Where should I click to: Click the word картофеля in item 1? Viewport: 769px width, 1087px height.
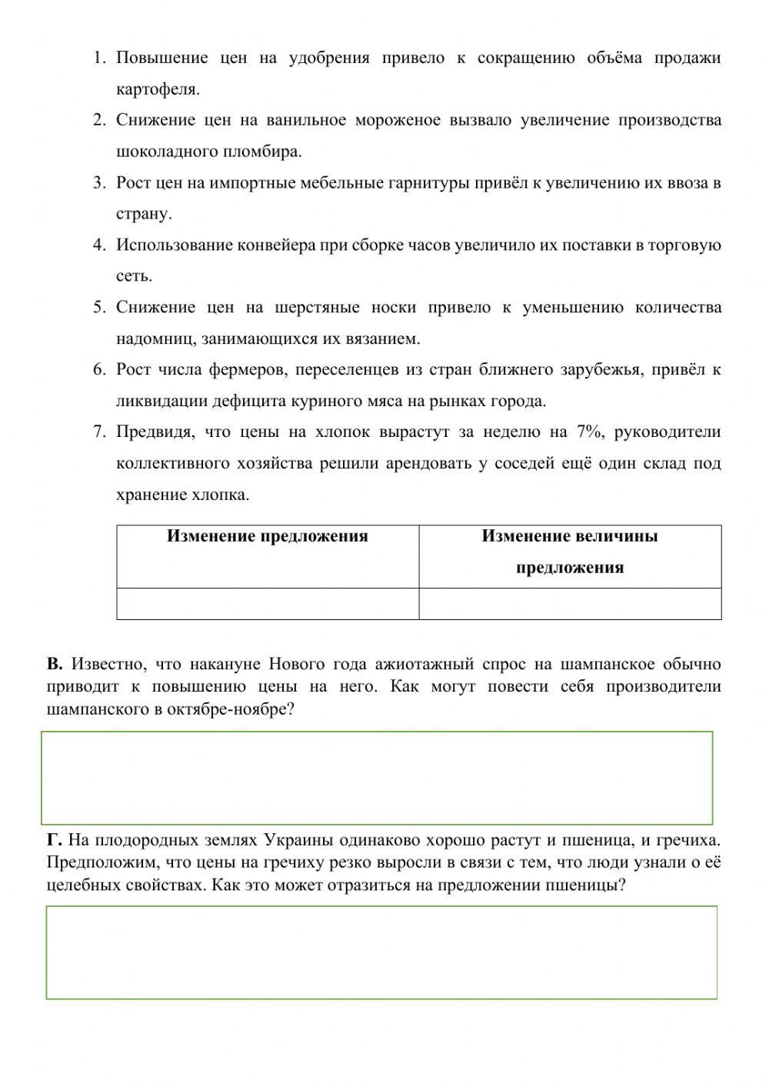(158, 89)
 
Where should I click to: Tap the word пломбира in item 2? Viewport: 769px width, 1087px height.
(265, 152)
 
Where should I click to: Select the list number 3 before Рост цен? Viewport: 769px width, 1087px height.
(98, 183)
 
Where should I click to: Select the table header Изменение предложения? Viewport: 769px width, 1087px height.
(267, 536)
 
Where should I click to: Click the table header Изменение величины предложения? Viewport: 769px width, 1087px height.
(569, 552)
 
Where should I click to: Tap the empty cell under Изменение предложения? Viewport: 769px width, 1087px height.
(267, 604)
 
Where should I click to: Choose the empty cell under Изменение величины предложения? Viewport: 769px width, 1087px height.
(569, 604)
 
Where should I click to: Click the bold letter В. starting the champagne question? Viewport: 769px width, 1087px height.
(54, 664)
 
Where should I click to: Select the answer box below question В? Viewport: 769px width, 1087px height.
(377, 778)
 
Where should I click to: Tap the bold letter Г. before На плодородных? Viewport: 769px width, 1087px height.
(53, 839)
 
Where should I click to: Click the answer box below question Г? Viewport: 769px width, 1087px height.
(381, 952)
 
